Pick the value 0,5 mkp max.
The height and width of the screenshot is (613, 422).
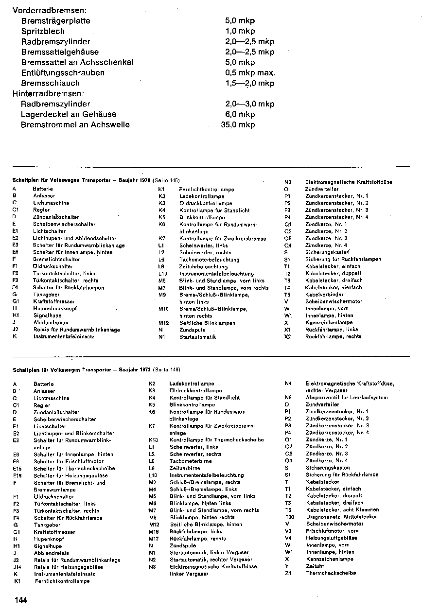[250, 73]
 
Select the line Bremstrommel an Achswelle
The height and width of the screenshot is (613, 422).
[75, 124]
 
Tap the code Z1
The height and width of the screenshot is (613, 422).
[288, 573]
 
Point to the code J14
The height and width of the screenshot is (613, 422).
[17, 566]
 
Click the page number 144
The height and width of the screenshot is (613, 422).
[21, 600]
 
